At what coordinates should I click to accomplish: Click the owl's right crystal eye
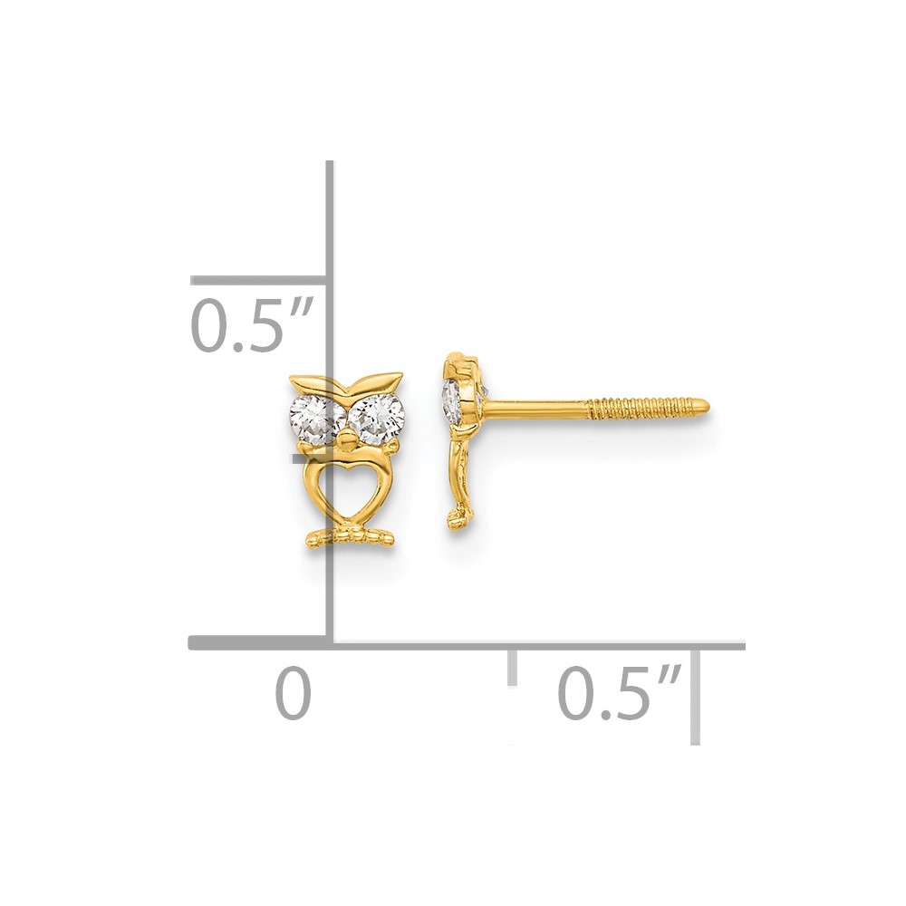click(378, 414)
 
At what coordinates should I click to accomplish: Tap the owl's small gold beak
click(344, 443)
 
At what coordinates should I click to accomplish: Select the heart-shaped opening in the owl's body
click(345, 488)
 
